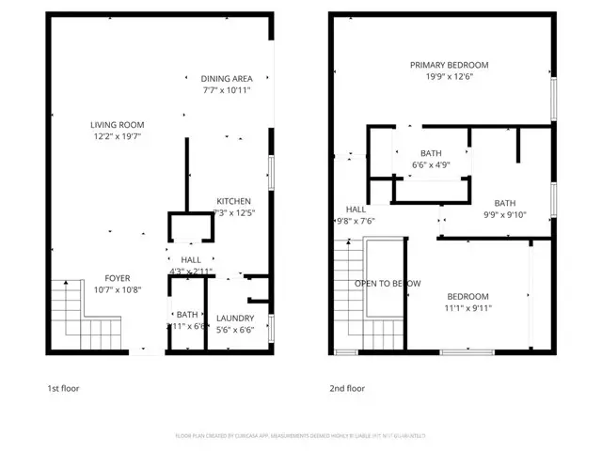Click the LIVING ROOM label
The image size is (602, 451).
pyautogui.click(x=118, y=124)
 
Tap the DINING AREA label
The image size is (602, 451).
pyautogui.click(x=227, y=79)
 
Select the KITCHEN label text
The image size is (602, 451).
pyautogui.click(x=233, y=201)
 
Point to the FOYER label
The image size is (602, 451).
pyautogui.click(x=118, y=278)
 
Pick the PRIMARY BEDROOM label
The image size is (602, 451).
pyautogui.click(x=449, y=65)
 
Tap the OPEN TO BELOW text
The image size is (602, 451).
pyautogui.click(x=387, y=283)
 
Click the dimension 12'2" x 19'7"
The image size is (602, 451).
pyautogui.click(x=118, y=137)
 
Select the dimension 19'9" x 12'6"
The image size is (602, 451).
pyautogui.click(x=449, y=77)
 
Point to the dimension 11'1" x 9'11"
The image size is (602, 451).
pyautogui.click(x=467, y=307)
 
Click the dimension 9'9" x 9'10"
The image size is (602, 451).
pyautogui.click(x=505, y=214)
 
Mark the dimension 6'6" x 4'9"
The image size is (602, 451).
pyautogui.click(x=431, y=165)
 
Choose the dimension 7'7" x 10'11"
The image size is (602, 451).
pyautogui.click(x=227, y=91)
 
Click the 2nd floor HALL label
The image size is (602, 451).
pyautogui.click(x=356, y=210)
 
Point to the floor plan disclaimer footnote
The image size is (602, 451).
pyautogui.click(x=301, y=436)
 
